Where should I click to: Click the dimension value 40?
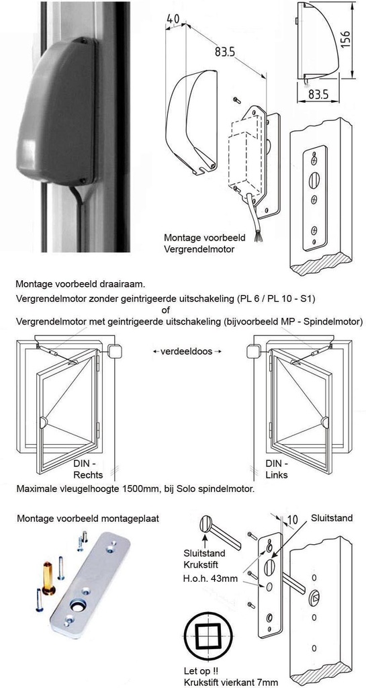[173, 19]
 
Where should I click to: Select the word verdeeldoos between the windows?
[186, 351]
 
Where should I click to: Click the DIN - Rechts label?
[88, 469]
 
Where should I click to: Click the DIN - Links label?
[277, 469]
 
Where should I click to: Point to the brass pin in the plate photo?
[48, 577]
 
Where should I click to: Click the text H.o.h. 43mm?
[210, 578]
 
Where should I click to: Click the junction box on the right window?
[254, 351]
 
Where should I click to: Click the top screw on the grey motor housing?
[84, 41]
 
